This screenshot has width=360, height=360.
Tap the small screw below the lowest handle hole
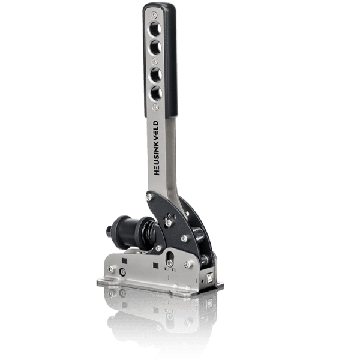(155, 106)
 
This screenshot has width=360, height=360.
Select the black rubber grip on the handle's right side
(170, 60)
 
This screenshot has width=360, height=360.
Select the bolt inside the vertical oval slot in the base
(170, 262)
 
